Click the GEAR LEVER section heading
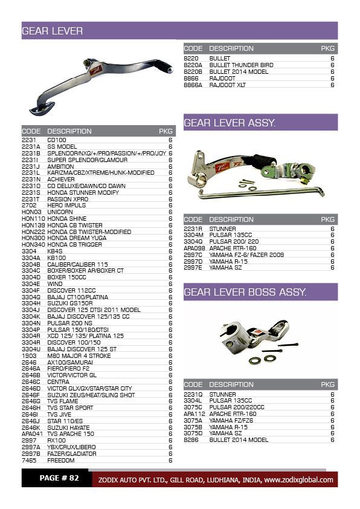tap(53, 31)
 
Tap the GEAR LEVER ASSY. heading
tap(230, 123)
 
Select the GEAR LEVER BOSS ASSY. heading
tap(245, 293)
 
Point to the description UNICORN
tap(60, 212)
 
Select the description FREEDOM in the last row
tap(61, 460)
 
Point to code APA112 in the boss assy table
tap(194, 413)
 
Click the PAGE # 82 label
tap(59, 478)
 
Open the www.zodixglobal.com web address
tap(298, 480)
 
